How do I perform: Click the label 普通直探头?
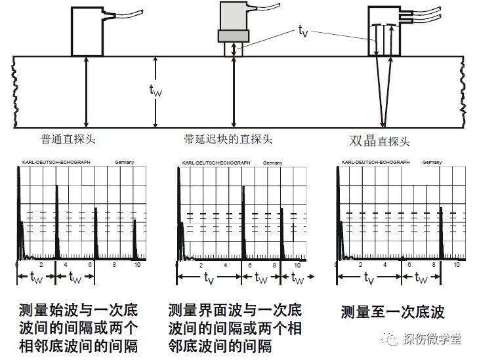(x=68, y=139)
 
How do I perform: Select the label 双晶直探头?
(x=380, y=140)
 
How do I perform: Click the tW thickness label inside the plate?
(x=156, y=92)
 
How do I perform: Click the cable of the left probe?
(x=125, y=14)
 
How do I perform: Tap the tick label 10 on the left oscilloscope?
(x=137, y=264)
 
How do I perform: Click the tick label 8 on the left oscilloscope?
(x=114, y=264)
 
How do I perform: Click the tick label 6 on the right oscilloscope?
(x=409, y=264)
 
